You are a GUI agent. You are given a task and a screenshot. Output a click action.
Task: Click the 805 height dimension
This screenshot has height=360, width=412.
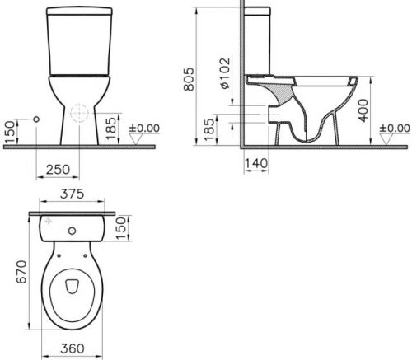tap(189, 79)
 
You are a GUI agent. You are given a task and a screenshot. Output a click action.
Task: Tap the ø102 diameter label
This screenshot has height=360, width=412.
tap(225, 73)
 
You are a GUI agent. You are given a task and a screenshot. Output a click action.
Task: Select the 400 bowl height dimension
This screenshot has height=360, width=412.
tap(363, 110)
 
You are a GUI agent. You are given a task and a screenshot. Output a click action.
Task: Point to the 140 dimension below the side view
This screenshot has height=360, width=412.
tap(255, 163)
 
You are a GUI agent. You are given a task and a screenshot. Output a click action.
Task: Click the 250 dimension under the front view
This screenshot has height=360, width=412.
tap(58, 170)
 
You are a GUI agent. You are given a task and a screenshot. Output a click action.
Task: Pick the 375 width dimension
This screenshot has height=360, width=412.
tap(72, 194)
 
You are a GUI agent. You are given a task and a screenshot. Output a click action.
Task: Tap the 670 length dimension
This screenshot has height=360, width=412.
tap(21, 272)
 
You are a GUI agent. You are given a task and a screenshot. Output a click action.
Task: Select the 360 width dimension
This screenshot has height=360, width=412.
tap(73, 348)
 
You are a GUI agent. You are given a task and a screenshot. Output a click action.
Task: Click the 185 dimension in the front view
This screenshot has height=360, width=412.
tap(110, 129)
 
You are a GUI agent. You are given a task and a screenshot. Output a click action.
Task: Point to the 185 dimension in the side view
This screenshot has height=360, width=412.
tap(209, 129)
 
